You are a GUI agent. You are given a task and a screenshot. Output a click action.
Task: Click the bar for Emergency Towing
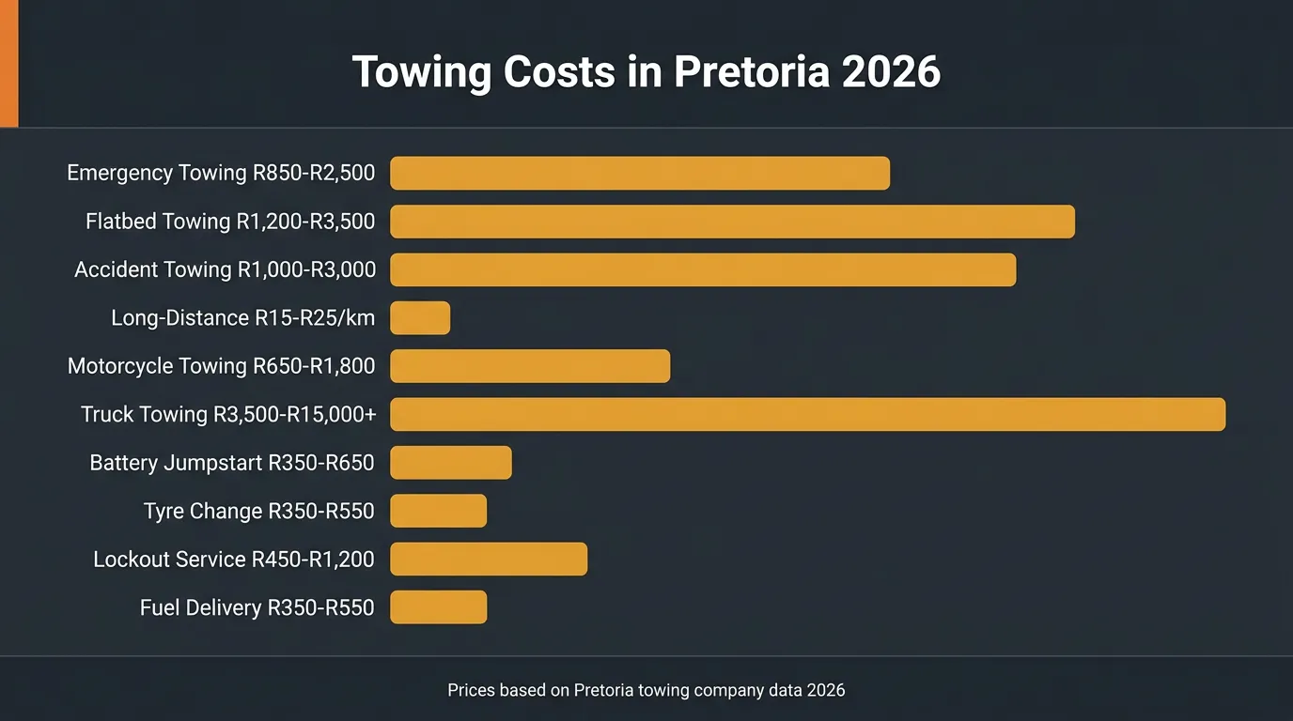pos(639,174)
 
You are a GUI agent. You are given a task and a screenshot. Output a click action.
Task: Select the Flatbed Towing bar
pos(732,222)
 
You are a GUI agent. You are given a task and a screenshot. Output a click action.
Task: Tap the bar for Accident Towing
pos(703,269)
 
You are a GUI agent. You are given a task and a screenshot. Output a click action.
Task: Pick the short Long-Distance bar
pos(420,318)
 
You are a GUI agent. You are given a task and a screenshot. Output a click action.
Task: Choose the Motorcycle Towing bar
pos(530,366)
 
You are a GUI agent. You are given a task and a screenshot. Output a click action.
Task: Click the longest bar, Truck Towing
pos(807,414)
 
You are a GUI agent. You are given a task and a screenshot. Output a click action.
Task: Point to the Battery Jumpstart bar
pos(451,463)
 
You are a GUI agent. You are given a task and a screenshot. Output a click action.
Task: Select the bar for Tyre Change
pos(438,511)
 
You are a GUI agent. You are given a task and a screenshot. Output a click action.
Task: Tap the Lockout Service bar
pos(489,559)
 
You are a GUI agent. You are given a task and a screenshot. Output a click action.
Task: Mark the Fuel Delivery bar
pos(438,607)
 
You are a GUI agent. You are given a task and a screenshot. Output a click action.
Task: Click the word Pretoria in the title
pos(751,72)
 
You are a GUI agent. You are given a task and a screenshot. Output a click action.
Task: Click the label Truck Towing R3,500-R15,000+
pos(228,414)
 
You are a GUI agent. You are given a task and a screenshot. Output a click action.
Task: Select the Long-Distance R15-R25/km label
pos(242,318)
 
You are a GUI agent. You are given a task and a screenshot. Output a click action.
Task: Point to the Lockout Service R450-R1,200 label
pos(234,560)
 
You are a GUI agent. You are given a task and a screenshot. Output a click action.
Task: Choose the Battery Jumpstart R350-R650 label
pos(232,463)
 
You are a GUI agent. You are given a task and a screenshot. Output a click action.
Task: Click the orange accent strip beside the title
pos(8,63)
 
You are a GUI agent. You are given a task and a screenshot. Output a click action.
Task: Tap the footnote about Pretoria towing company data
pos(646,690)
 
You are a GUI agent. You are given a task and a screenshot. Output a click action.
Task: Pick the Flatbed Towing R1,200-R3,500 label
pos(230,222)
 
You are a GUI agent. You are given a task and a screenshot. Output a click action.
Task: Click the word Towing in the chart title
pos(420,72)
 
